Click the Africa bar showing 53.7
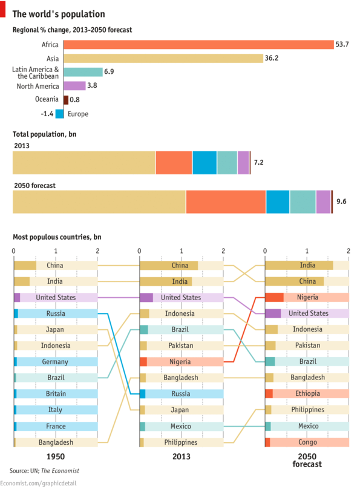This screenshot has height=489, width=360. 198,45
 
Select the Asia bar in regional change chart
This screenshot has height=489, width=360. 163,59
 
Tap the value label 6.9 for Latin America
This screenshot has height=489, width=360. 109,72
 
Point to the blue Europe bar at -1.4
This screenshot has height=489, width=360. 59,114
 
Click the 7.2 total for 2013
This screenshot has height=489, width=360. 258,163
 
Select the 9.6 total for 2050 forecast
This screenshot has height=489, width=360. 341,202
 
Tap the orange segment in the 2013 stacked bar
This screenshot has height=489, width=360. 174,163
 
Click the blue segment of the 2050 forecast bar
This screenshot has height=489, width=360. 278,202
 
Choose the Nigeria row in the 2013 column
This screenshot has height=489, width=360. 181,361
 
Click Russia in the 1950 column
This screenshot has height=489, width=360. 56,313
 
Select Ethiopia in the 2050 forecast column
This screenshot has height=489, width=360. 307,393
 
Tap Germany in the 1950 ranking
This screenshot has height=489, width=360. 56,361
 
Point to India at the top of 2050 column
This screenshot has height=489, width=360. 307,265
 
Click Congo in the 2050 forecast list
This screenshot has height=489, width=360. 307,442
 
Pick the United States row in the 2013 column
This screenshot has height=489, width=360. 181,297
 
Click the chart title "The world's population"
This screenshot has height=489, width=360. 59,14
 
